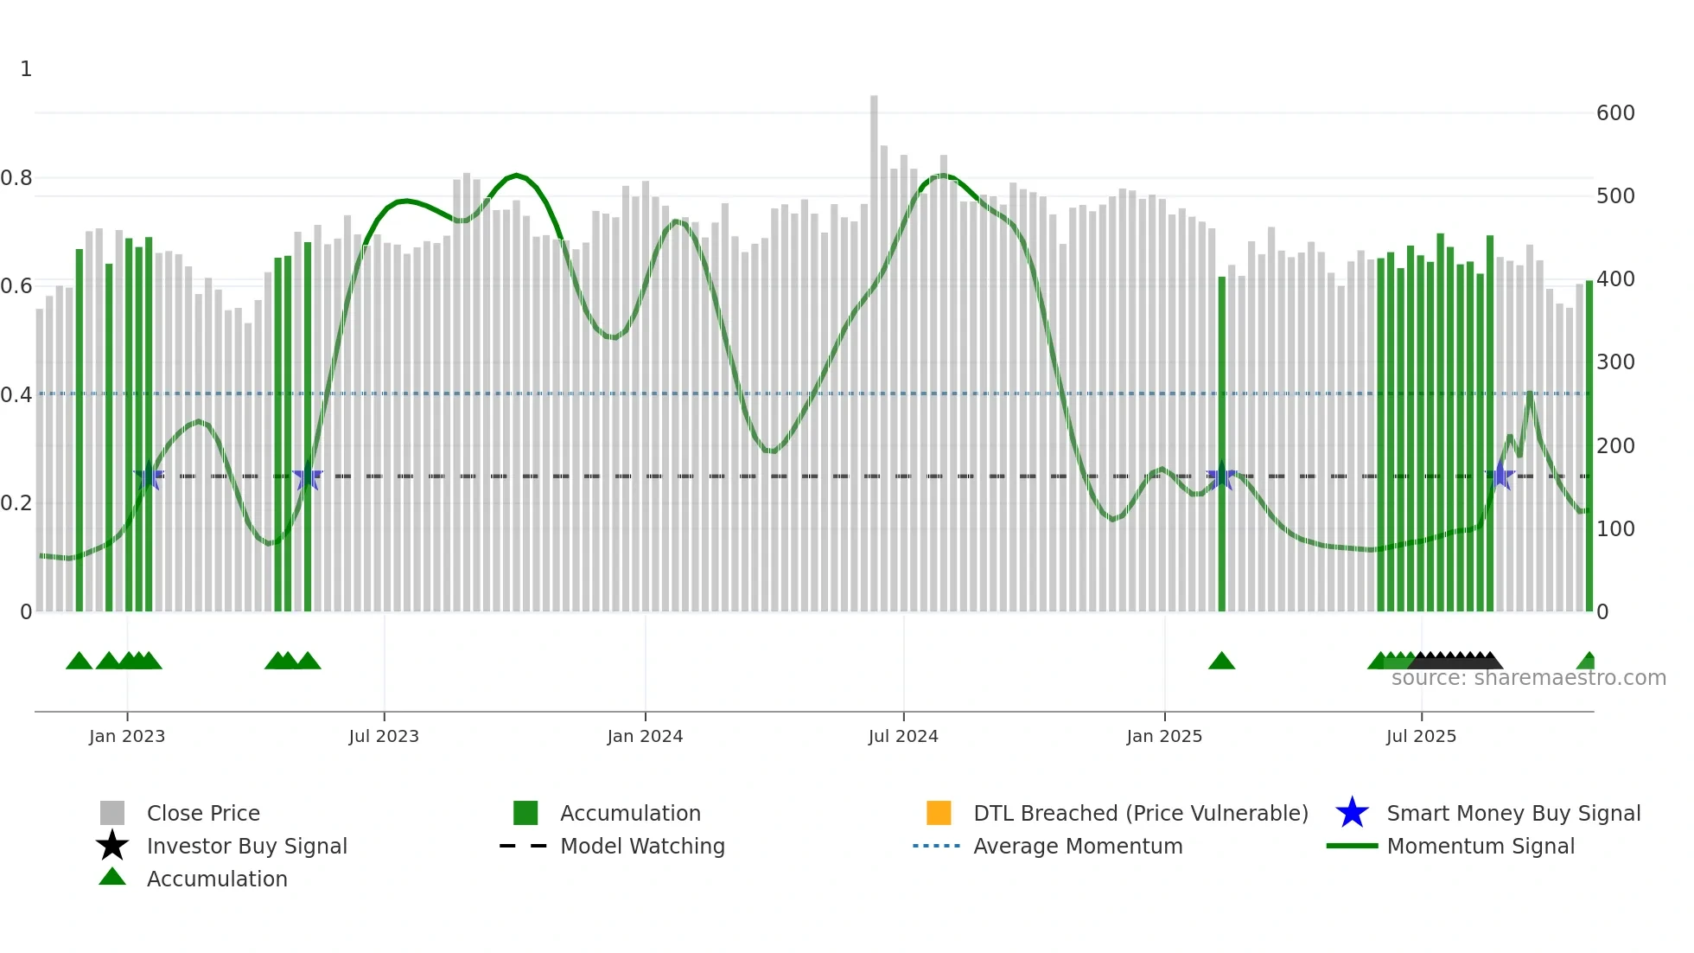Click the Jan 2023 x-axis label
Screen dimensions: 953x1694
coord(126,736)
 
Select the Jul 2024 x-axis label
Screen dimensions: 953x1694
coord(903,736)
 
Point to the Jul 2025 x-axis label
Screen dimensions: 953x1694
coord(1421,736)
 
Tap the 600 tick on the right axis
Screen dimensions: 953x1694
coord(1615,113)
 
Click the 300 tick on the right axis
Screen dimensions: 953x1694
coord(1615,362)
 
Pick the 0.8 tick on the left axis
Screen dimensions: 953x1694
coord(16,178)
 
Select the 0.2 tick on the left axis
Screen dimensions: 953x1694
coord(16,503)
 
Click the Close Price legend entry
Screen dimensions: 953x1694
coord(203,813)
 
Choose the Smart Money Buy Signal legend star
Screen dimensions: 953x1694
coord(1352,813)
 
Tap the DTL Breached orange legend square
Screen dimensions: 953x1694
coord(939,813)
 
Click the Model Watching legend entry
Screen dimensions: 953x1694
coord(642,846)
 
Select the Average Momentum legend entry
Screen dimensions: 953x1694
coord(1078,846)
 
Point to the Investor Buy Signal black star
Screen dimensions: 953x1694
coord(112,846)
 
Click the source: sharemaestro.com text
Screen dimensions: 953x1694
coord(1528,678)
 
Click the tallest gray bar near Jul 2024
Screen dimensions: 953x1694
coord(874,346)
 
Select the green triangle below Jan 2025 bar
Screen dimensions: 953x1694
coord(1221,662)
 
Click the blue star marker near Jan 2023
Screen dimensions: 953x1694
coord(149,476)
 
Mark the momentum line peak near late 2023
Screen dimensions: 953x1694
coord(516,176)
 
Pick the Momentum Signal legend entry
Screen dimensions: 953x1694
coord(1481,846)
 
